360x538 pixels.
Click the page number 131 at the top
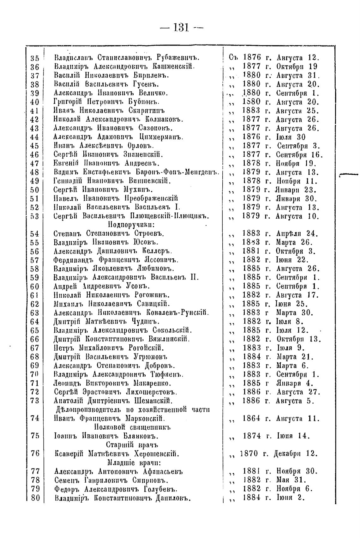181,28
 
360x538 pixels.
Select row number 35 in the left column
35,58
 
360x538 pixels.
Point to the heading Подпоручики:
126,225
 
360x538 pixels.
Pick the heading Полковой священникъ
133,427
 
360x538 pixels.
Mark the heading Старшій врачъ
132,445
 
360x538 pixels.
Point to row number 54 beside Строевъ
35,234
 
